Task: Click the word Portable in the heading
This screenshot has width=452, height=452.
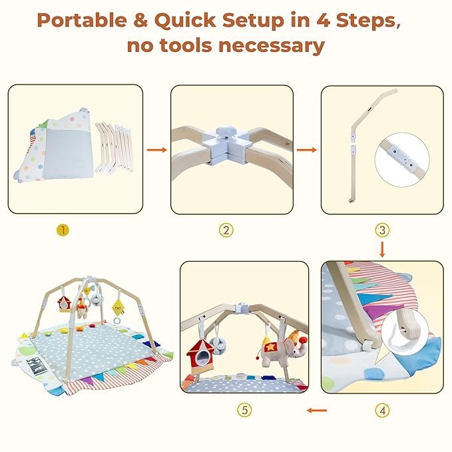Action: coord(82,20)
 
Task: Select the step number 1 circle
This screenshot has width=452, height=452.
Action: coord(63,230)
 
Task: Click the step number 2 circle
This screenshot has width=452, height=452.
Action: coord(226,230)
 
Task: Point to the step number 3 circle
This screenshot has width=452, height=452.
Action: coord(382,230)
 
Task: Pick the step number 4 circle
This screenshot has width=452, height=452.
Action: coord(383,410)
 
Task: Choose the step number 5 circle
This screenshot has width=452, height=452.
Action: coord(244,410)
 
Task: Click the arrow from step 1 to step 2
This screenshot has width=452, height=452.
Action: coord(157,150)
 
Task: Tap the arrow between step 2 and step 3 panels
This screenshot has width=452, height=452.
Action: coord(307,150)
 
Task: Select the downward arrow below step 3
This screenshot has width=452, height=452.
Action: coord(382,250)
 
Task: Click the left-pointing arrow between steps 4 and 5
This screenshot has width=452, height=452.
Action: coord(317,410)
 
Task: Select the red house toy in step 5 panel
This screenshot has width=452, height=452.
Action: coord(200,357)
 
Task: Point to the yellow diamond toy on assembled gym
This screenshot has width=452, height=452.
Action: coord(118,308)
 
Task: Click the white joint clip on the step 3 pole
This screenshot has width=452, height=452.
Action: coord(353,142)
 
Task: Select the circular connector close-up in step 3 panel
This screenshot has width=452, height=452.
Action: coord(403,159)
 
